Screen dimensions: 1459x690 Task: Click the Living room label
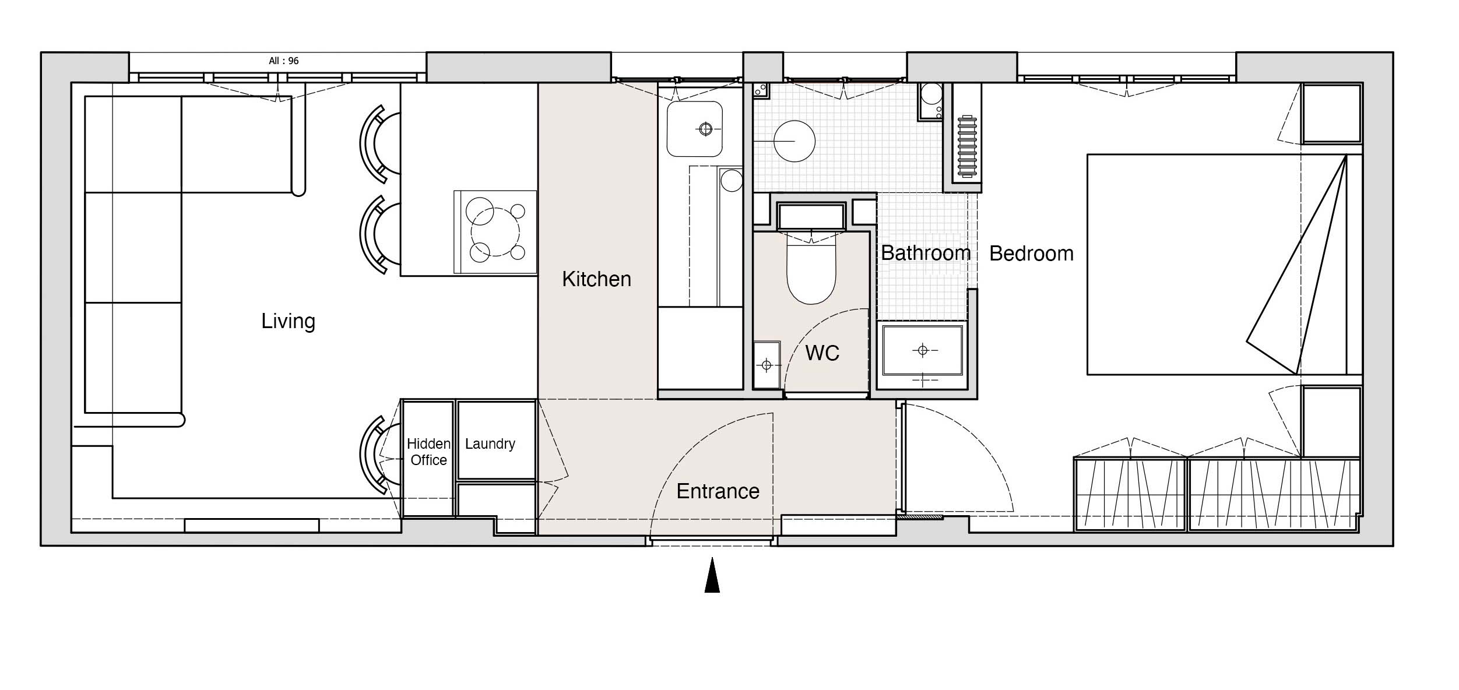point(288,321)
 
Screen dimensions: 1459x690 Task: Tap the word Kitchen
point(596,279)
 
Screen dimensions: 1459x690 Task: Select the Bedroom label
point(1031,254)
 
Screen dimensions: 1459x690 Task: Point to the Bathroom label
point(926,253)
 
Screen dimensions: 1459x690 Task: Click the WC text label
point(822,353)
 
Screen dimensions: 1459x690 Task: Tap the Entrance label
point(718,491)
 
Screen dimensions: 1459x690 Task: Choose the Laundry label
point(490,443)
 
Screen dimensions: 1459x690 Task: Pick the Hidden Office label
point(428,452)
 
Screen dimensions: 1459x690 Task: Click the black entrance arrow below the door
point(712,575)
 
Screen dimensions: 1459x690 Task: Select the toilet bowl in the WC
point(811,268)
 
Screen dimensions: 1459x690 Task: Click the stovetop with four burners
point(495,232)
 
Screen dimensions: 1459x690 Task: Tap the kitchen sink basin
point(695,129)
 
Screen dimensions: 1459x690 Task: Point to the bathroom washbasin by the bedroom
point(922,350)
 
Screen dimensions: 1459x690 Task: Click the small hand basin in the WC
point(767,365)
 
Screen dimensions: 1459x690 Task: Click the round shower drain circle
point(794,141)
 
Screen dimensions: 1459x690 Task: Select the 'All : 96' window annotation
point(284,61)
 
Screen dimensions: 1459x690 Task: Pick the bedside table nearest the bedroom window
point(1332,114)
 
